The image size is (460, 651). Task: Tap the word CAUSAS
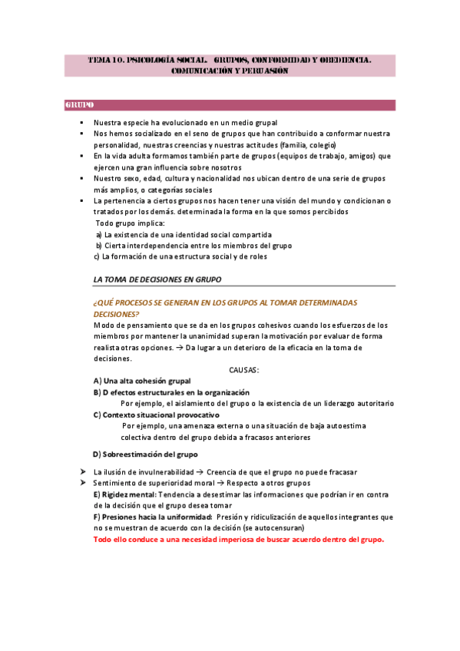click(x=243, y=370)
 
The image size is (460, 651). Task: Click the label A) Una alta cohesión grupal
click(x=142, y=381)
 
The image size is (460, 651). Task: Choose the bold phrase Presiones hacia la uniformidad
click(x=152, y=517)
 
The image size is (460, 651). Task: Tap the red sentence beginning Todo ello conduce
click(x=238, y=539)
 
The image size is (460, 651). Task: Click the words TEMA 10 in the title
click(x=104, y=58)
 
